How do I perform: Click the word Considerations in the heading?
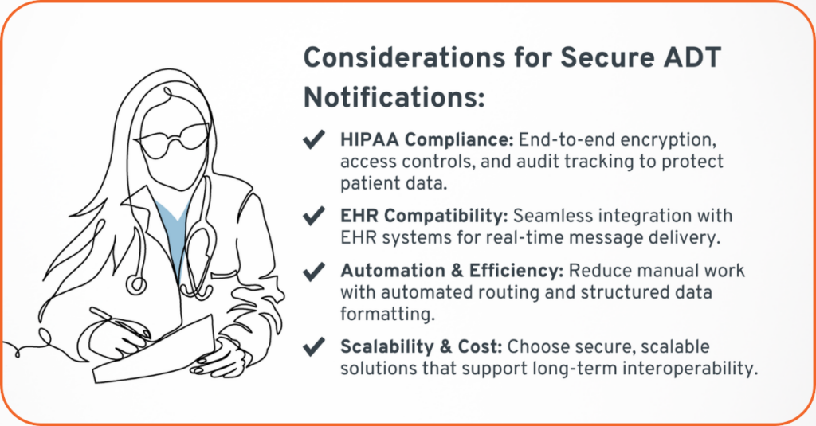[x=404, y=57]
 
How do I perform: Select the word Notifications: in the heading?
[x=394, y=97]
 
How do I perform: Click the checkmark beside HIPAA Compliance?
[x=314, y=139]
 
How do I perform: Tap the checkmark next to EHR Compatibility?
[x=314, y=215]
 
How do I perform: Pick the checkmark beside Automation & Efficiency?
[x=314, y=271]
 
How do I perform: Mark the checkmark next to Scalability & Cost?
[x=314, y=347]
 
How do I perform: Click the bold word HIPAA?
[x=370, y=139]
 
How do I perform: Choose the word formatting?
[x=387, y=315]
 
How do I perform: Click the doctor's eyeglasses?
[x=172, y=140]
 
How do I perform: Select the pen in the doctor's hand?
[x=120, y=323]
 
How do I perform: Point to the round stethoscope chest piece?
[x=137, y=284]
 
